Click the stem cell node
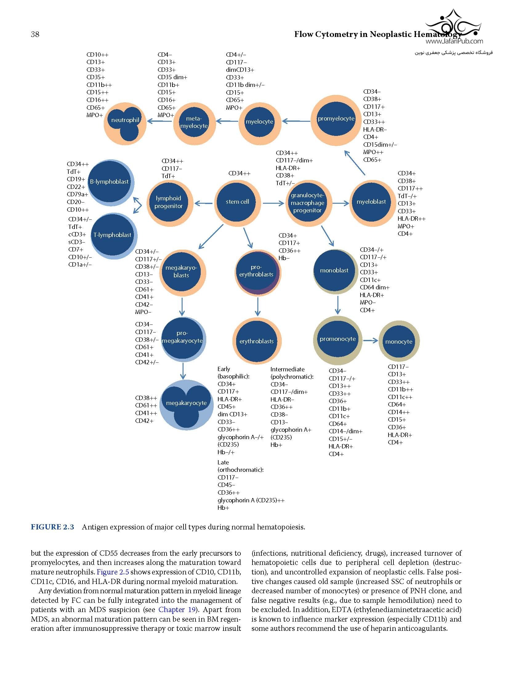pos(237,202)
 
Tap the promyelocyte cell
pos(336,120)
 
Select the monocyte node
pos(399,341)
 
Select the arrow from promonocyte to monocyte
pos(370,341)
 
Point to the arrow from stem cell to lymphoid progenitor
pos(204,203)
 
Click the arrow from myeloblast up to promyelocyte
pos(355,163)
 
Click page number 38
pos(35,34)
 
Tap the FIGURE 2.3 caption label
pos(52,527)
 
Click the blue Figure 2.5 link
pos(113,572)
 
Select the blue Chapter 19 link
pos(178,610)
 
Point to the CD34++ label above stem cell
pos(239,174)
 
